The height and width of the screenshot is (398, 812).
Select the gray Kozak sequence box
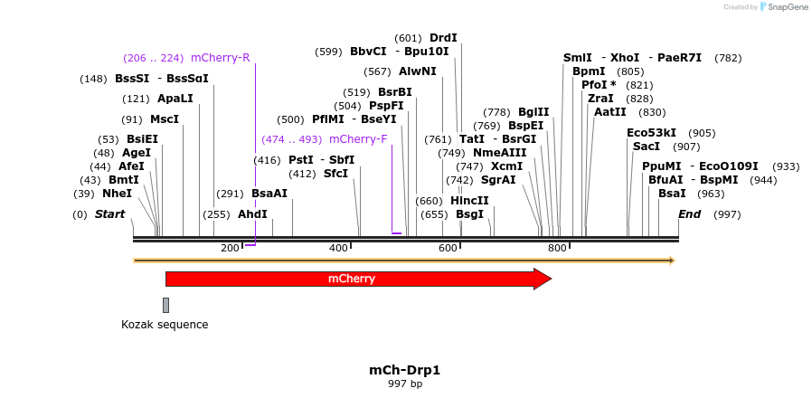pyautogui.click(x=165, y=305)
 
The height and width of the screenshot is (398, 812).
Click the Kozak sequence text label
pyautogui.click(x=165, y=324)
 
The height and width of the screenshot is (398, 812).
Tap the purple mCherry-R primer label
pyautogui.click(x=220, y=58)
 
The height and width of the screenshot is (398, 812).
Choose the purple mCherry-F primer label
pyautogui.click(x=358, y=139)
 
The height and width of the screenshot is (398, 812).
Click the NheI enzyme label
pyautogui.click(x=117, y=193)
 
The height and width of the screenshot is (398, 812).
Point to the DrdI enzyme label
pyautogui.click(x=443, y=38)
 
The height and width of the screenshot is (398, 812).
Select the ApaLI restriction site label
pyautogui.click(x=175, y=99)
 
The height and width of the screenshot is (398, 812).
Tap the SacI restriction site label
pyautogui.click(x=647, y=146)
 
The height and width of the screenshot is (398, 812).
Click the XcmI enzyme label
pyautogui.click(x=506, y=166)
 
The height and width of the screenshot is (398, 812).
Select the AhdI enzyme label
pyautogui.click(x=252, y=214)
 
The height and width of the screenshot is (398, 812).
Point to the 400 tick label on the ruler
pyautogui.click(x=338, y=248)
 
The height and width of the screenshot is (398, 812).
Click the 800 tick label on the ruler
pyautogui.click(x=556, y=248)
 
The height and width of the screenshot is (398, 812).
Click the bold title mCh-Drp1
pyautogui.click(x=404, y=370)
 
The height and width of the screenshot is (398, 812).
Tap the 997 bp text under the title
pyautogui.click(x=404, y=384)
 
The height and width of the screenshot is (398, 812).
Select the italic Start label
pyautogui.click(x=109, y=214)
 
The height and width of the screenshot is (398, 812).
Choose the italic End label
pyautogui.click(x=689, y=214)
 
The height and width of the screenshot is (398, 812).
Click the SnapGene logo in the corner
pyautogui.click(x=783, y=7)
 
